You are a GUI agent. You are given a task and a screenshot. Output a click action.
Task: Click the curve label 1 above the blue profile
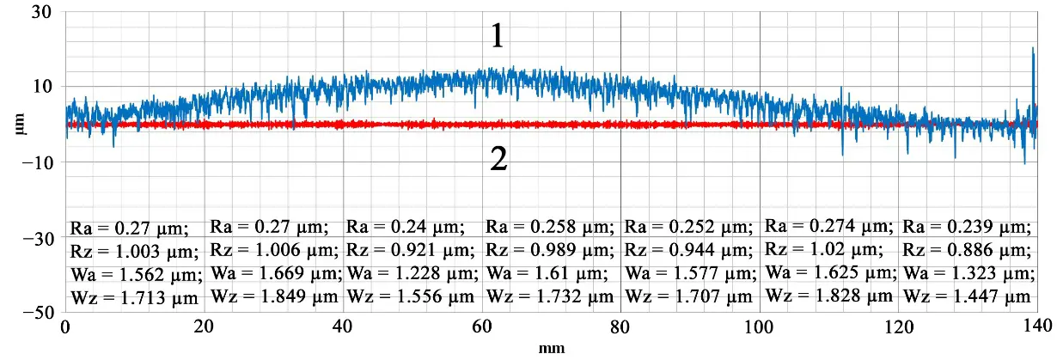tap(498, 36)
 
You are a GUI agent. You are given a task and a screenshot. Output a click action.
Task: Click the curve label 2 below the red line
tap(498, 160)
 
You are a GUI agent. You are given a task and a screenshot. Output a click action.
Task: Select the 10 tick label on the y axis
tap(43, 87)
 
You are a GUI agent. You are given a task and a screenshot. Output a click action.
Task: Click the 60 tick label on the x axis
tap(482, 327)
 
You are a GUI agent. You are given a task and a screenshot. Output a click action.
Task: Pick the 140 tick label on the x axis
tap(1037, 327)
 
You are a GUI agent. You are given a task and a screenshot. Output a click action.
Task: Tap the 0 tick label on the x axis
tap(65, 327)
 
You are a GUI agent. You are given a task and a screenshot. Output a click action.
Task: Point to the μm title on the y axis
tap(18, 125)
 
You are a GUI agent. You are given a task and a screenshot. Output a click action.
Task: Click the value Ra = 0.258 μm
tap(550, 228)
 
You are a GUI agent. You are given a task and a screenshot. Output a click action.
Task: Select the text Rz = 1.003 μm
tap(134, 252)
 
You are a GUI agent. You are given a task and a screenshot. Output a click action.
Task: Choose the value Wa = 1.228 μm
tap(405, 274)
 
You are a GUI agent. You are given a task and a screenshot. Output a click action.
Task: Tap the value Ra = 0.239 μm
tap(967, 228)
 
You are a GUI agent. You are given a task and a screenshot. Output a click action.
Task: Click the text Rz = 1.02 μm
tap(823, 251)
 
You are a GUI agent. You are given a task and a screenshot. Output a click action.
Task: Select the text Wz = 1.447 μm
tap(967, 296)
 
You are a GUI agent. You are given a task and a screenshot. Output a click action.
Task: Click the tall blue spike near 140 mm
tap(1033, 77)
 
